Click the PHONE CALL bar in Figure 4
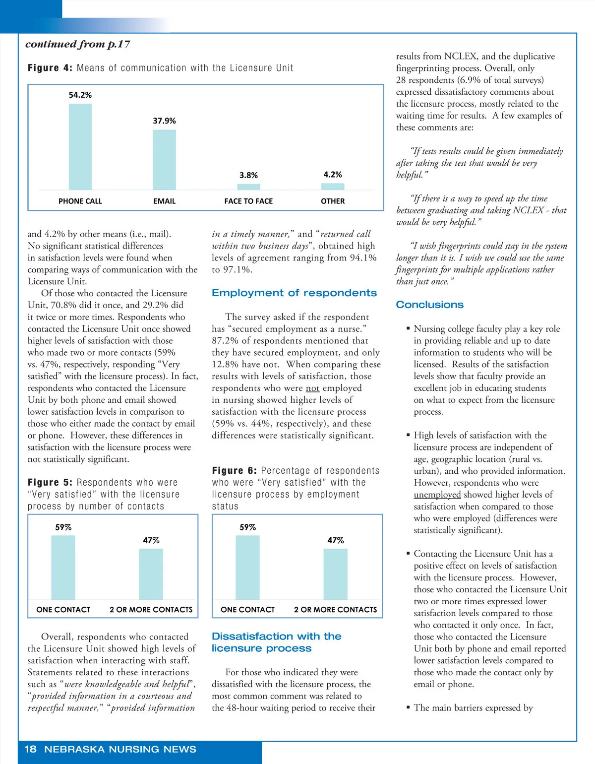pyautogui.click(x=80, y=147)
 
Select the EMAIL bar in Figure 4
pyautogui.click(x=164, y=160)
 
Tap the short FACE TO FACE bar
pyautogui.click(x=248, y=187)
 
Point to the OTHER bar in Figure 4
pyautogui.click(x=333, y=187)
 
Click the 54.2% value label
pyautogui.click(x=80, y=95)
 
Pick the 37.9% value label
pyautogui.click(x=164, y=121)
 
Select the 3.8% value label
pyautogui.click(x=248, y=175)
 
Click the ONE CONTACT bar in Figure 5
pyautogui.click(x=63, y=568)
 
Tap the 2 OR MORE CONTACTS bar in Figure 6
pyautogui.click(x=335, y=574)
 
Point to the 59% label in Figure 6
pyautogui.click(x=247, y=527)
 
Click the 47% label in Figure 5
pyautogui.click(x=151, y=540)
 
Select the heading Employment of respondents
pyautogui.click(x=294, y=293)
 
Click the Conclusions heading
pyautogui.click(x=429, y=305)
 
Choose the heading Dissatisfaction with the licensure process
pyautogui.click(x=276, y=642)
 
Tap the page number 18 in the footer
pyautogui.click(x=30, y=749)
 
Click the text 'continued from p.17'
pyautogui.click(x=78, y=44)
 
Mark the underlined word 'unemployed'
pyautogui.click(x=437, y=495)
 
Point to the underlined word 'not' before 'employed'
pyautogui.click(x=312, y=388)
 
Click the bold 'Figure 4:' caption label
pyautogui.click(x=50, y=68)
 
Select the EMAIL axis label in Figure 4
pyautogui.click(x=164, y=201)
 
